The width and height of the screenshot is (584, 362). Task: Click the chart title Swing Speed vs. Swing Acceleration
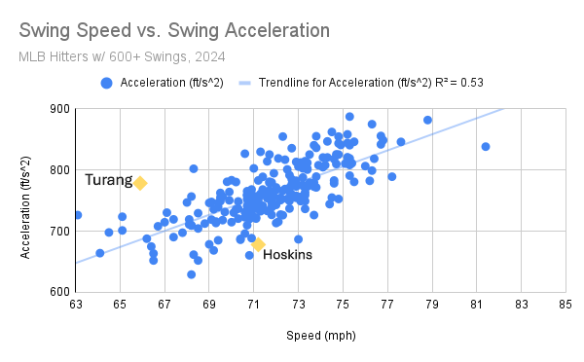click(172, 30)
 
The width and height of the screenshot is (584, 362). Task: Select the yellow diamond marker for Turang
click(140, 183)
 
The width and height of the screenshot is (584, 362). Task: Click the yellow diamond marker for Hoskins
click(259, 244)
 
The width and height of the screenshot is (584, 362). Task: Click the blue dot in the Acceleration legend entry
click(107, 83)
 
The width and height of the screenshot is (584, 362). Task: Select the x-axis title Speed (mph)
click(320, 336)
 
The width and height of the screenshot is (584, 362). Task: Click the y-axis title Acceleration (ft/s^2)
click(30, 200)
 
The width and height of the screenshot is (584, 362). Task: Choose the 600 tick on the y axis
click(57, 292)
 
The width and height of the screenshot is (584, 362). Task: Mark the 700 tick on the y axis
click(57, 232)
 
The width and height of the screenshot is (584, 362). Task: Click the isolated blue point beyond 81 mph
click(486, 147)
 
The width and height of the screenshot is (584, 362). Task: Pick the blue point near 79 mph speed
click(427, 121)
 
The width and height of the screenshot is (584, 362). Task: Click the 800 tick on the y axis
click(57, 170)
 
